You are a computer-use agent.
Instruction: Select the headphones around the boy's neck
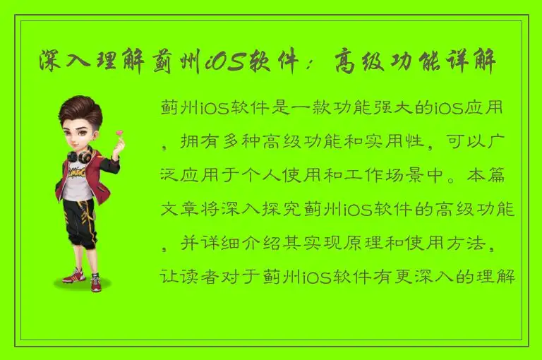click(x=79, y=155)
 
